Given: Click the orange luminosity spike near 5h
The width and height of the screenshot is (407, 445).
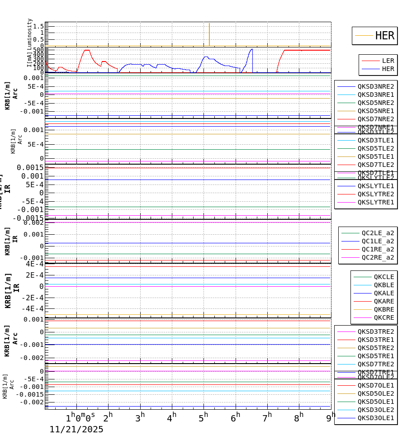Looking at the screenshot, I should tap(209, 34).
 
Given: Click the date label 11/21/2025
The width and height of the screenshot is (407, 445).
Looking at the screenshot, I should tap(76, 430).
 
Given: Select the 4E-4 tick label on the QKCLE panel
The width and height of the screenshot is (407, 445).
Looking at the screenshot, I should tap(34, 264).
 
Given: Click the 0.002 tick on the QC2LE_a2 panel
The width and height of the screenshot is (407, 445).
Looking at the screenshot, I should tap(35, 222).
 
